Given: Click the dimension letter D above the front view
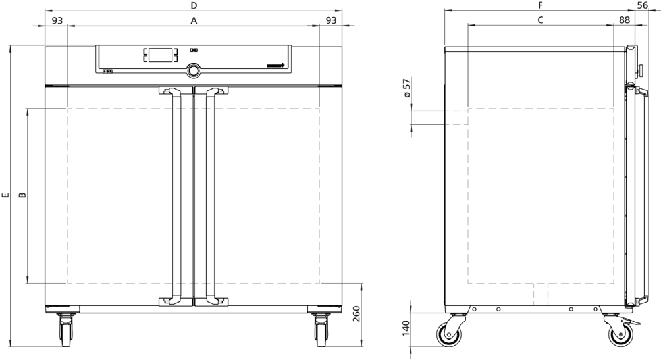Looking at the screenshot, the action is (x=194, y=5).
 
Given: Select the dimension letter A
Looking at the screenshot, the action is (x=194, y=20).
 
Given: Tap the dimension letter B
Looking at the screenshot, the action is (x=23, y=195).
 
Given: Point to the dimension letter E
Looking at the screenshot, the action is (x=5, y=195).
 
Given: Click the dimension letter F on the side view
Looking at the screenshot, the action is (x=541, y=5).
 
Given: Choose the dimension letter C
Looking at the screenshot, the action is (x=541, y=20).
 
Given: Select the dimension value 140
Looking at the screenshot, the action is (x=406, y=328).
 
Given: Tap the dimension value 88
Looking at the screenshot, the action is (x=624, y=20).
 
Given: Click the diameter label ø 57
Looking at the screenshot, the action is (x=406, y=88).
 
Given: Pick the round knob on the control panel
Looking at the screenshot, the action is (x=194, y=70).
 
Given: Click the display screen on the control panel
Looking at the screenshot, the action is (x=160, y=55).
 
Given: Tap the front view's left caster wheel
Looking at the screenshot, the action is (x=66, y=333).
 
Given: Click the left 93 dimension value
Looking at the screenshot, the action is (x=57, y=20).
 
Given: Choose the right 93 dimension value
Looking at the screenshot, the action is (x=331, y=20).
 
